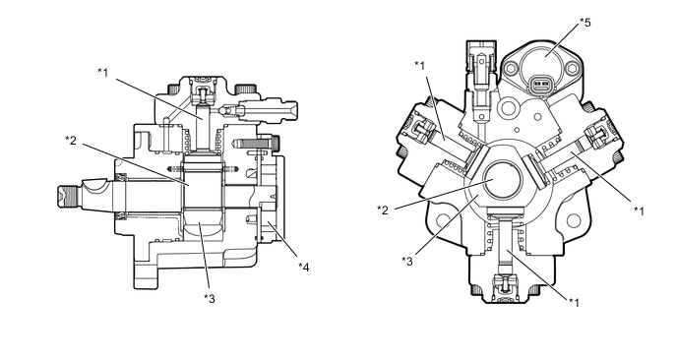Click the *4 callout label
[304, 268]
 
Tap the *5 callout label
[585, 23]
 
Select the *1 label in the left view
[102, 72]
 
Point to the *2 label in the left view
[71, 141]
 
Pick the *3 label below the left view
[210, 298]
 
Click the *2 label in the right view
[383, 210]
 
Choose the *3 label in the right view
[407, 262]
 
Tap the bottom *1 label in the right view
[574, 302]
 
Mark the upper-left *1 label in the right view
[419, 66]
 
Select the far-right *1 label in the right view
[639, 210]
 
